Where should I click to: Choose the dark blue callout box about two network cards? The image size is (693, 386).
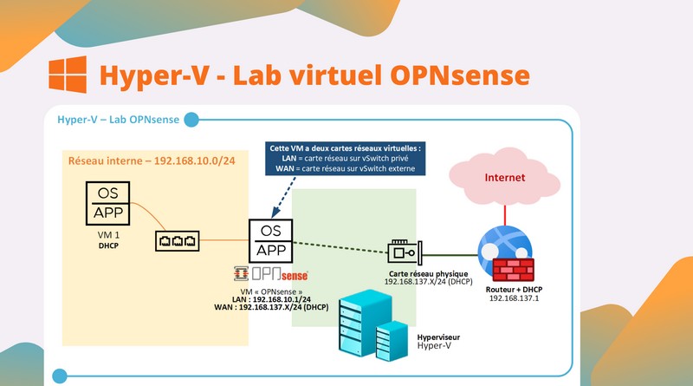coord(345,160)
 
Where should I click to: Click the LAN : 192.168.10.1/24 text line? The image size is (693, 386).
coord(262,298)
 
